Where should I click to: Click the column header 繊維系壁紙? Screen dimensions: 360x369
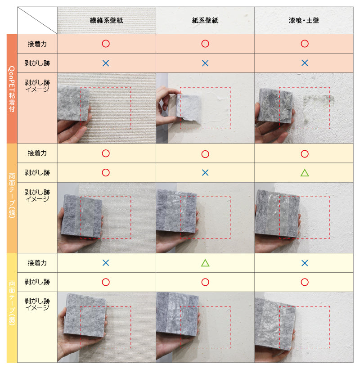(x=106, y=20)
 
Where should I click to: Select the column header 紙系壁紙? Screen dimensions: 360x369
(x=205, y=20)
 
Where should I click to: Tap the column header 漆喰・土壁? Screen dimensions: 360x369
(x=304, y=20)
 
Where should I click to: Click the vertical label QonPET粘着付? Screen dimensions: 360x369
(x=12, y=89)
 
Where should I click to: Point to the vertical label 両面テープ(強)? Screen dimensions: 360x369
(x=12, y=196)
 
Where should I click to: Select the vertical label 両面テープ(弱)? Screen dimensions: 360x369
(x=12, y=303)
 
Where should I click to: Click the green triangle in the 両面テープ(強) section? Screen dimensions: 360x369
(x=305, y=173)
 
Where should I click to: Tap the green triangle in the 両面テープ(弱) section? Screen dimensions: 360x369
(x=205, y=263)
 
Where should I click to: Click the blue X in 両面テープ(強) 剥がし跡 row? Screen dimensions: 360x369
(x=205, y=173)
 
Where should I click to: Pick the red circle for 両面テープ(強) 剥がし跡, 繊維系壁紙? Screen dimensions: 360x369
(x=106, y=172)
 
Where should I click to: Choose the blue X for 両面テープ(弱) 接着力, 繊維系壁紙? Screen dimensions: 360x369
(x=106, y=263)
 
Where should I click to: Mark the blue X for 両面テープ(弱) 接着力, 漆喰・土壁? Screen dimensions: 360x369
(x=305, y=263)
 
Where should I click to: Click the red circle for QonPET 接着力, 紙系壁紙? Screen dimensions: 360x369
(x=205, y=44)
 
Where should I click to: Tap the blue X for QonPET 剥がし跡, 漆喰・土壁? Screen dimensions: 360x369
(x=305, y=63)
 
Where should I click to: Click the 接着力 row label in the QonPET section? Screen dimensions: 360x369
(x=37, y=44)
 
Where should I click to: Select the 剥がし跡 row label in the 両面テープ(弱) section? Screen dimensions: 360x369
(x=37, y=282)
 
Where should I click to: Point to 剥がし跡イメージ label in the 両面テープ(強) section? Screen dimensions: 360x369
(x=37, y=196)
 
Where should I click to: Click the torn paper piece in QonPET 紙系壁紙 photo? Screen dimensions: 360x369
(x=189, y=108)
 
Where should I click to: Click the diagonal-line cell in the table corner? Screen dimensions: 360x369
(x=37, y=20)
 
